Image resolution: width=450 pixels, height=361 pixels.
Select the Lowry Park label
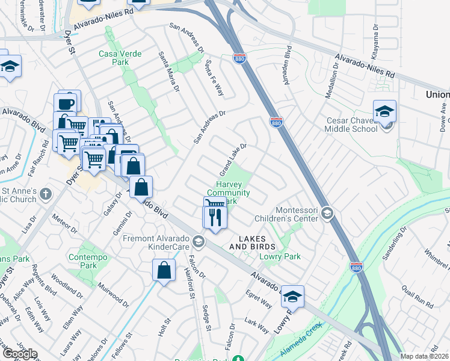280,256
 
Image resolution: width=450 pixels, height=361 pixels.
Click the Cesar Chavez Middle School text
352,125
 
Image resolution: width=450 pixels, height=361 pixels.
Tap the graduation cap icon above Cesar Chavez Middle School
384,111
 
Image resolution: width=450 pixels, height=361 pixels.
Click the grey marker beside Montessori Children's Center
327,213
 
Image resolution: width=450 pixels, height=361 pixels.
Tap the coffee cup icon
66,102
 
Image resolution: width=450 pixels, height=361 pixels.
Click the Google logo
20,354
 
